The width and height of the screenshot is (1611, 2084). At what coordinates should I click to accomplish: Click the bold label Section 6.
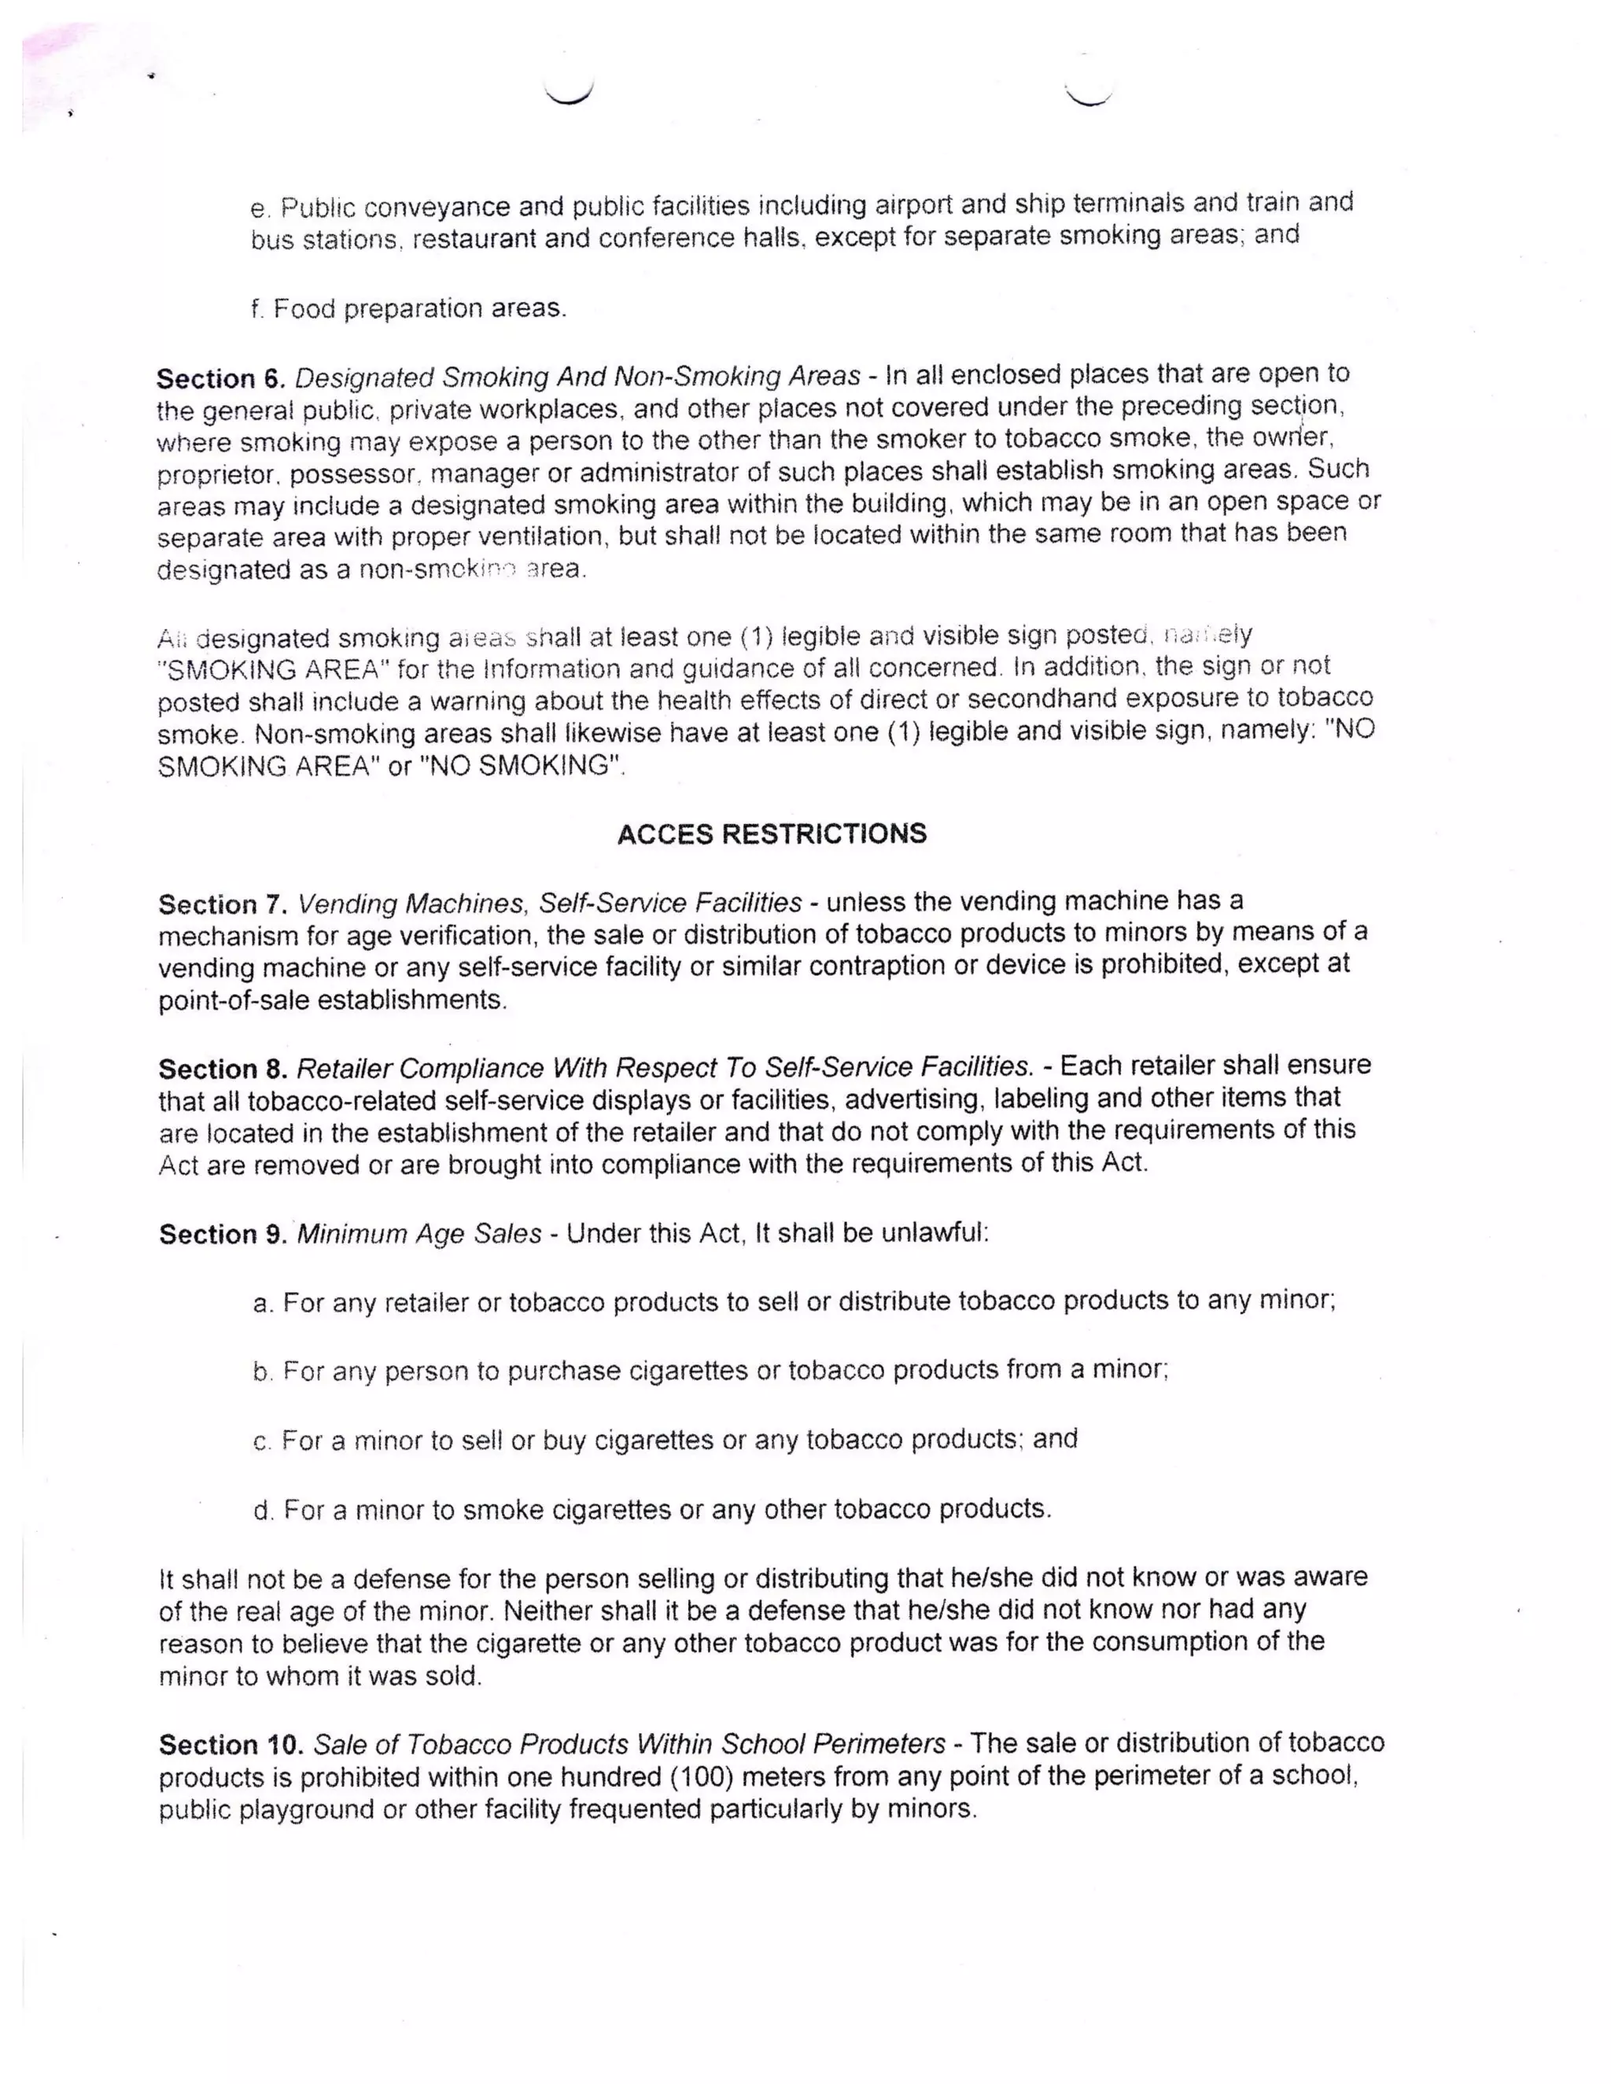[220, 379]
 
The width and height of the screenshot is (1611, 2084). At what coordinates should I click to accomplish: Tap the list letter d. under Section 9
[263, 1511]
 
